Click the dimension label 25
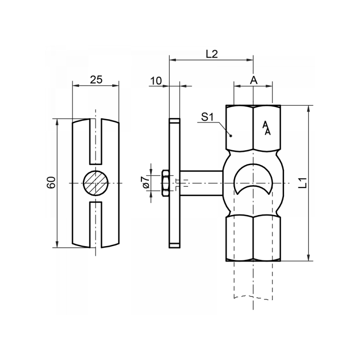tap(96, 80)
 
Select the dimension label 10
tap(156, 81)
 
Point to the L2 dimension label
tap(211, 54)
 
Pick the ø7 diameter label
tap(145, 183)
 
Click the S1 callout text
tap(207, 118)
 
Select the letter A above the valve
tap(253, 80)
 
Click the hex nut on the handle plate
tap(165, 183)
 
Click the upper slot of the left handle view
tap(96, 142)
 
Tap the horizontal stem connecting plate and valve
tap(201, 183)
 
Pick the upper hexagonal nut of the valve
tap(253, 128)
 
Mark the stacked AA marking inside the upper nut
tap(266, 128)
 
